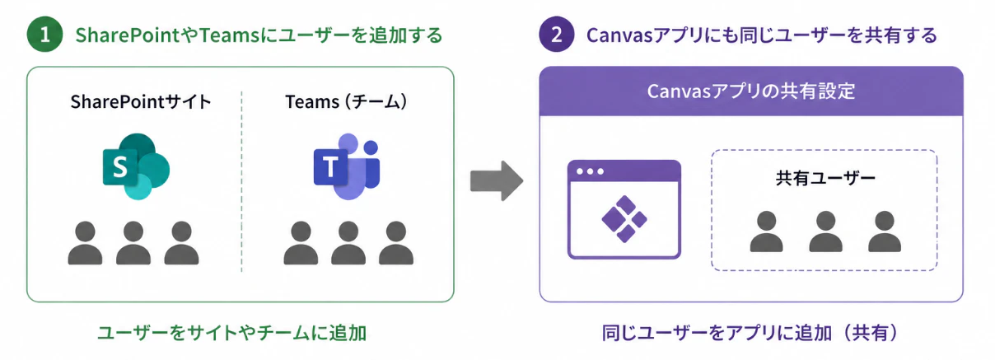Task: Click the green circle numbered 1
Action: click(44, 35)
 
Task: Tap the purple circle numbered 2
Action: click(557, 35)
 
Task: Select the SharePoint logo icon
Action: click(136, 166)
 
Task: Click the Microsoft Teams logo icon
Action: click(347, 166)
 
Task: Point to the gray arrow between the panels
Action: click(497, 181)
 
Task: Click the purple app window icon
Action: click(624, 209)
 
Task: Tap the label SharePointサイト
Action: click(141, 102)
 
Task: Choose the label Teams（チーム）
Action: click(346, 102)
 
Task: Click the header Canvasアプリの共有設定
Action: click(750, 91)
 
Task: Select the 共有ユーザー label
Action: click(825, 178)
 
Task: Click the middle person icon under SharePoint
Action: click(133, 243)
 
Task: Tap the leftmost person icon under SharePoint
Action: click(86, 243)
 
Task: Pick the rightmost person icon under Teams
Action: click(396, 243)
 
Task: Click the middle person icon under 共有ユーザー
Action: click(826, 231)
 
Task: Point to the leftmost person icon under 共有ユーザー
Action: click(767, 231)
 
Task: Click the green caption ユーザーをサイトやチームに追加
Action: click(232, 333)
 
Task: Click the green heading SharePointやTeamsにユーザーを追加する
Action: click(259, 35)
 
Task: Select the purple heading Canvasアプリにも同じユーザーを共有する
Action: click(761, 35)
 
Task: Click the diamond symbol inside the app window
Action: click(624, 219)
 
